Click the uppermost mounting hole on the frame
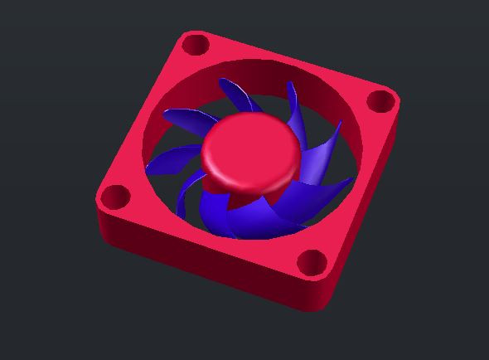(x=195, y=43)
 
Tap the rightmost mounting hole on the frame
(x=380, y=101)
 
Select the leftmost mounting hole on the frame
(x=115, y=197)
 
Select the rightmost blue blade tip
(x=351, y=179)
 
